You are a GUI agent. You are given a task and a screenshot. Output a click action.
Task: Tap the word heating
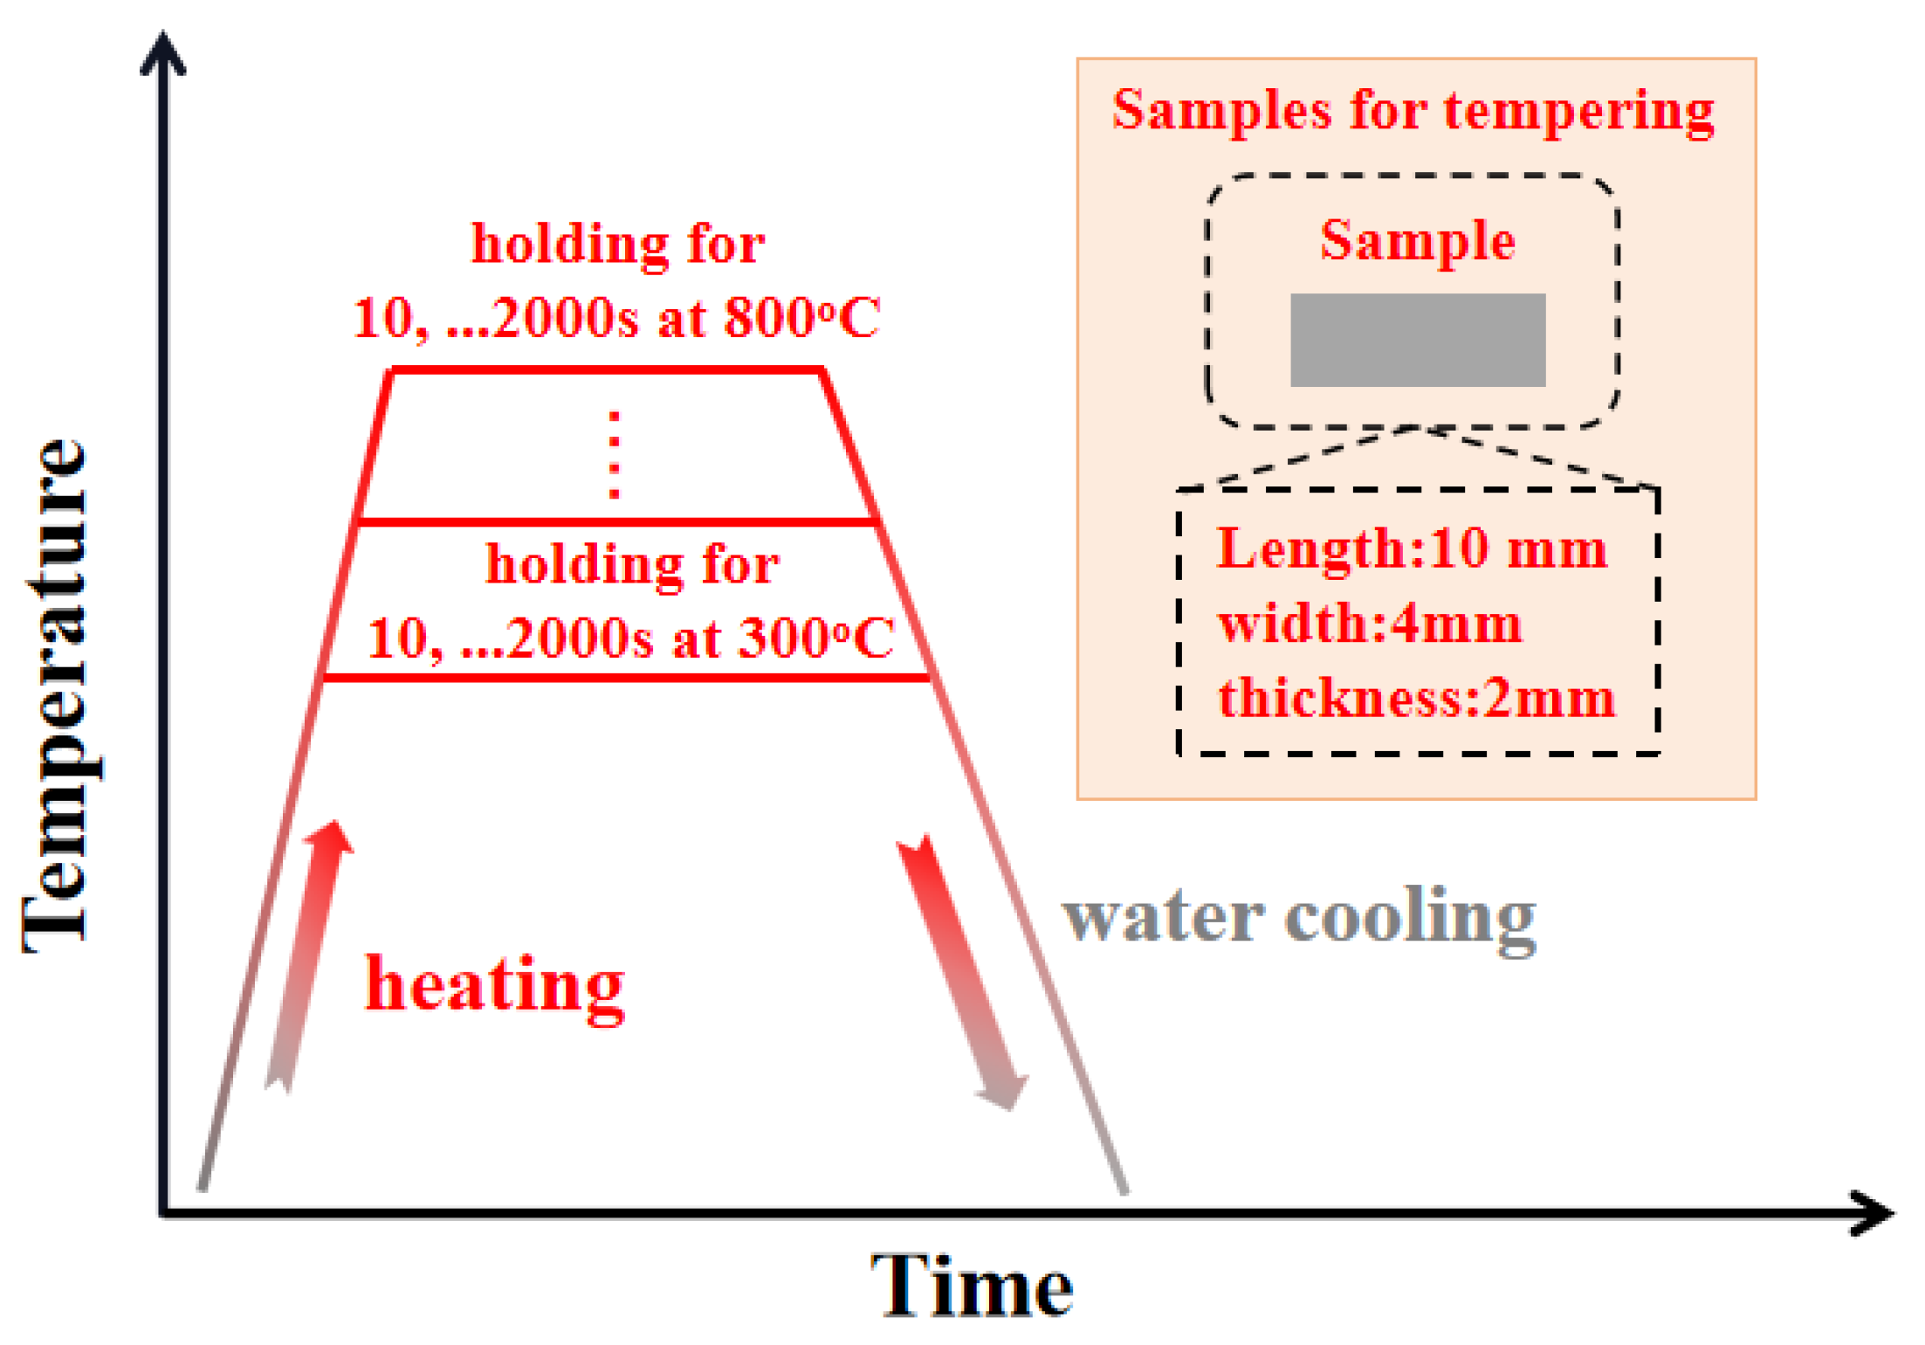point(494,984)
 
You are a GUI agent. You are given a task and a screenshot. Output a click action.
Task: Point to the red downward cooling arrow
point(960,969)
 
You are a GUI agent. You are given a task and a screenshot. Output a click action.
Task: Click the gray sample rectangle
point(1417,340)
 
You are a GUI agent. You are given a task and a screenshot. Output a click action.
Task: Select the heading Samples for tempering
point(1413,111)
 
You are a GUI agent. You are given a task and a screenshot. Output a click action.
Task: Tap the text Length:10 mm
point(1411,549)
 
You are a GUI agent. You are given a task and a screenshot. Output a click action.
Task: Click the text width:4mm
point(1370,624)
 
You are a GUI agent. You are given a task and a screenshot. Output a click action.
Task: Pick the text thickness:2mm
point(1416,699)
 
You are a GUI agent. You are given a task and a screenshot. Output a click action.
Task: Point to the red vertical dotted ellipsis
point(615,454)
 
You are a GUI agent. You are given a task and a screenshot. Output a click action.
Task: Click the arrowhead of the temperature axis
point(163,52)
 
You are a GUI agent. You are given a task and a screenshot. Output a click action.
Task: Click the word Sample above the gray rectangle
point(1417,240)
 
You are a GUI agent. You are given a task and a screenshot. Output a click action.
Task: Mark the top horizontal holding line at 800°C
point(607,370)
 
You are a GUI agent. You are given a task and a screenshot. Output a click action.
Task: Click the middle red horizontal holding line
point(616,522)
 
